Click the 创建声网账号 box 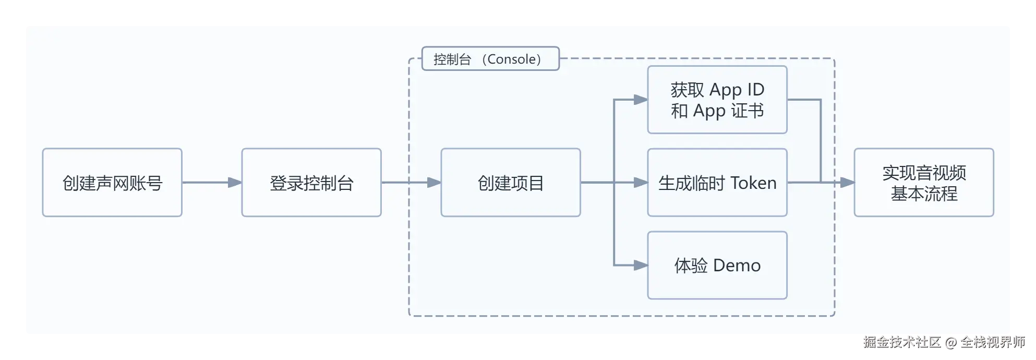click(x=112, y=183)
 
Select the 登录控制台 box click(x=311, y=183)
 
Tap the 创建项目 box click(x=511, y=183)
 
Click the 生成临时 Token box click(x=717, y=183)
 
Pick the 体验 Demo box click(x=717, y=265)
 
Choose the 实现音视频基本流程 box click(x=924, y=183)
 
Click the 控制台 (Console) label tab click(x=490, y=59)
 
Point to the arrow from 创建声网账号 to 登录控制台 click(x=211, y=183)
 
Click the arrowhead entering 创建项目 click(x=434, y=183)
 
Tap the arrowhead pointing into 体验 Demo click(x=641, y=265)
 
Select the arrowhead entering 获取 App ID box click(x=641, y=100)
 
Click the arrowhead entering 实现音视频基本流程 click(x=847, y=183)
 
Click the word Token click(x=753, y=183)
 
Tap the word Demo click(x=737, y=266)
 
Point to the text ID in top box click(x=755, y=90)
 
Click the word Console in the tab click(x=511, y=59)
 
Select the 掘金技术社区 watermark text click(x=901, y=342)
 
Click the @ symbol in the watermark click(x=950, y=342)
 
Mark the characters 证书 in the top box click(x=747, y=111)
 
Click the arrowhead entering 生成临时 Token click(x=641, y=183)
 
